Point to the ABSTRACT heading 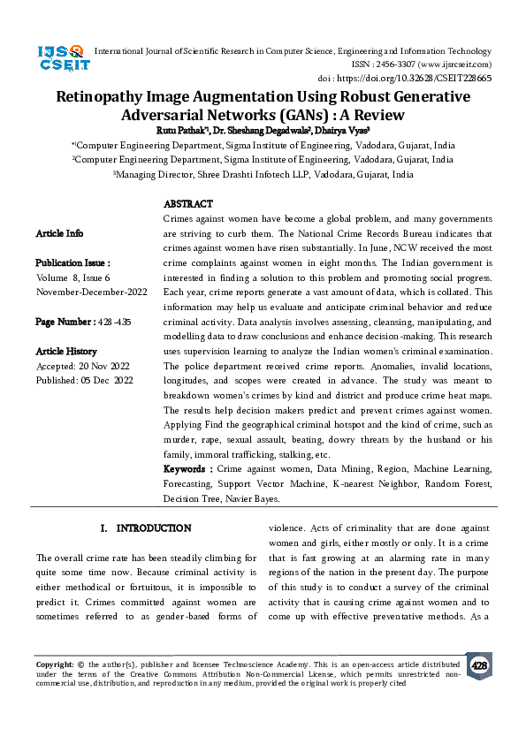coord(188,204)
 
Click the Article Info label coord(59,233)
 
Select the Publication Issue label coord(72,263)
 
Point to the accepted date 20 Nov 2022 coord(103,366)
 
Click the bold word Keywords coord(187,468)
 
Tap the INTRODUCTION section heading coord(153,528)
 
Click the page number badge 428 coord(479,665)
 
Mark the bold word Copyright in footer coord(54,664)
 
